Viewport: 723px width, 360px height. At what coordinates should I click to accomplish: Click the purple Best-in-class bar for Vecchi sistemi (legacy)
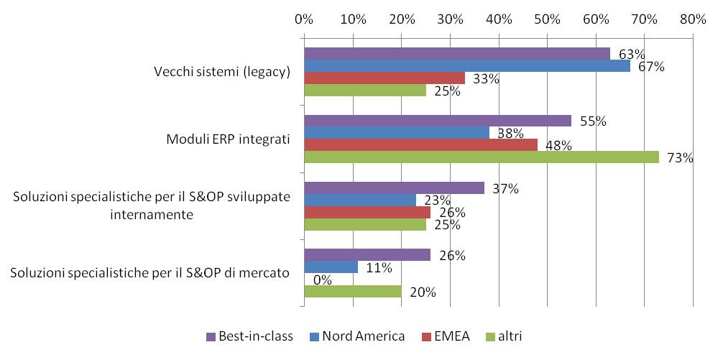pyautogui.click(x=457, y=54)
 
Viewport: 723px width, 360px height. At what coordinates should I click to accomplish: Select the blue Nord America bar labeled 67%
pyautogui.click(x=467, y=66)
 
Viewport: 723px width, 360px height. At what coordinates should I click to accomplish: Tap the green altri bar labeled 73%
pyautogui.click(x=482, y=157)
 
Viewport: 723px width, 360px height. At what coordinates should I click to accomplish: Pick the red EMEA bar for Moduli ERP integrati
pyautogui.click(x=420, y=145)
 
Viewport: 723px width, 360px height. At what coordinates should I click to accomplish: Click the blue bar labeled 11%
pyautogui.click(x=331, y=267)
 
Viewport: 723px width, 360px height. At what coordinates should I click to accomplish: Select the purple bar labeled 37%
pyautogui.click(x=394, y=188)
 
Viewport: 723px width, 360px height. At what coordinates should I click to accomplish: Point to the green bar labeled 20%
pyautogui.click(x=353, y=292)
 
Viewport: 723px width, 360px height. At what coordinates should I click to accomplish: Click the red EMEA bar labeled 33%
pyautogui.click(x=384, y=78)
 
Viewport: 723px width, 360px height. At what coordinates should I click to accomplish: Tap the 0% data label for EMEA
pyautogui.click(x=323, y=280)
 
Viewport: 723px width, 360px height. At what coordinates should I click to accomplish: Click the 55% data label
pyautogui.click(x=594, y=121)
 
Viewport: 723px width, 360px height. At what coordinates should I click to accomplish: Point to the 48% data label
pyautogui.click(x=558, y=146)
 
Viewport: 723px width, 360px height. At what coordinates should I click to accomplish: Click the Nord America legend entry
pyautogui.click(x=356, y=336)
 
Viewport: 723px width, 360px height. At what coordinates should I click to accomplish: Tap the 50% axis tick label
pyautogui.click(x=547, y=19)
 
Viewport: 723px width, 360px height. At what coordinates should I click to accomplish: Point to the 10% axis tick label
pyautogui.click(x=353, y=19)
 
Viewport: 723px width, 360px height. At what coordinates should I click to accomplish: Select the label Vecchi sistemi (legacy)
pyautogui.click(x=222, y=72)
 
